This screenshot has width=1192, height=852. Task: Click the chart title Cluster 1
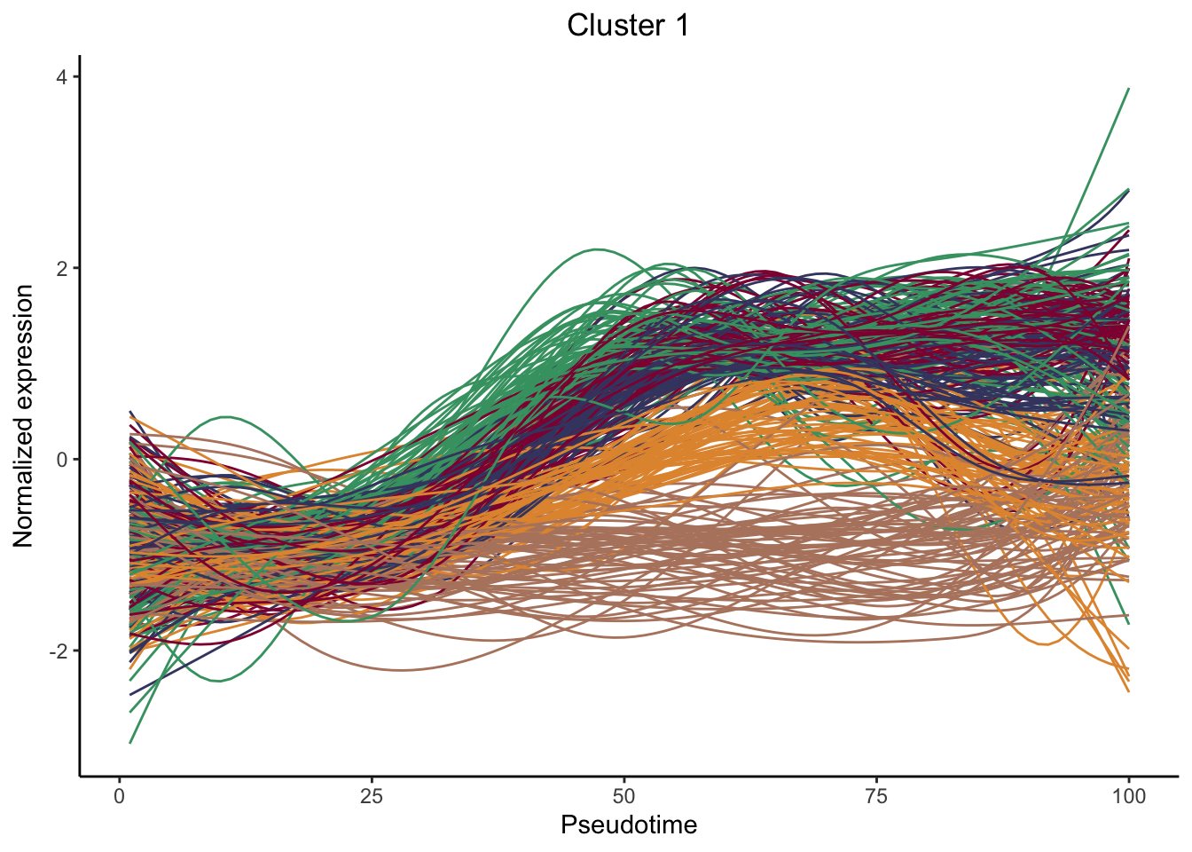coord(628,26)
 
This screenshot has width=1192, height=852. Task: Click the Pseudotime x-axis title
coord(629,825)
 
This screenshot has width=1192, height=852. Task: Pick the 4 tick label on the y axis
coord(62,77)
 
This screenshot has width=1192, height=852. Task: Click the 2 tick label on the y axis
coord(62,268)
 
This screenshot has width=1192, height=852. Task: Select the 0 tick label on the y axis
coord(62,460)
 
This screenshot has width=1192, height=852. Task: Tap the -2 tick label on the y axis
coord(59,651)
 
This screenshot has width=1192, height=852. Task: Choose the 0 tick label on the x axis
coord(120,796)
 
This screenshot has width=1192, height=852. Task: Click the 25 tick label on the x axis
coord(372,796)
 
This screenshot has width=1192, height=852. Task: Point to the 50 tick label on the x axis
coord(624,796)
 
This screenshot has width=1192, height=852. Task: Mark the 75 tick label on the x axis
coord(876,796)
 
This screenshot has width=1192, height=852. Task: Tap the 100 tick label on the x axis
coord(1128,796)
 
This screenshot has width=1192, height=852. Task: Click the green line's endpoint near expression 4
coord(1128,89)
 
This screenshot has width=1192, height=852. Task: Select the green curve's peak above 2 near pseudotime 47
coord(597,249)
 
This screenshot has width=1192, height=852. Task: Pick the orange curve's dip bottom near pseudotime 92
coord(1048,644)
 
